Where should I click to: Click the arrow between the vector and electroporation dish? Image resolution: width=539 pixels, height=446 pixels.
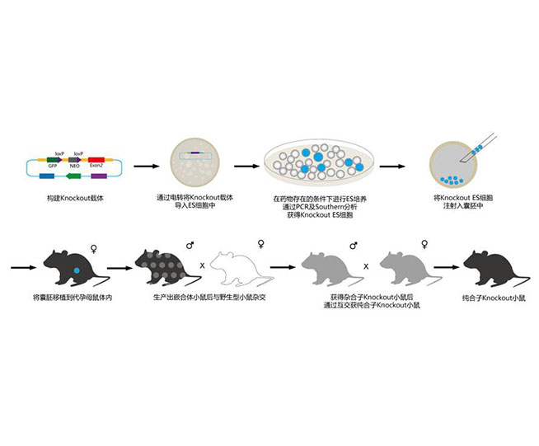click(x=147, y=166)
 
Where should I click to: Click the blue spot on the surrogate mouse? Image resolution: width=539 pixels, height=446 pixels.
click(x=75, y=269)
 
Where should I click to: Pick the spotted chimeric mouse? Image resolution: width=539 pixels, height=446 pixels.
click(x=167, y=269)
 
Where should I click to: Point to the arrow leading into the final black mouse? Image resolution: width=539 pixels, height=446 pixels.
click(x=446, y=267)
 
